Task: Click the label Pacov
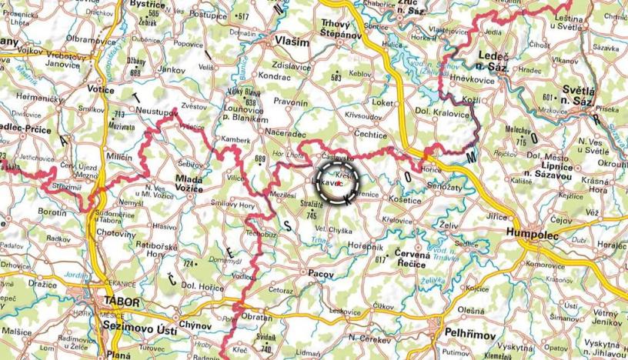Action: point(319,273)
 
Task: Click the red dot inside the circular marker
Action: point(339,183)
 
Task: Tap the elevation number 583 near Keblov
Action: point(336,78)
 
